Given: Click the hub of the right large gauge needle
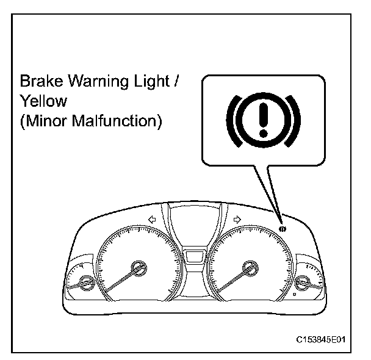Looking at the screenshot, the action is [x=248, y=266].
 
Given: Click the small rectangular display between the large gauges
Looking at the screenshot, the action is [x=193, y=254].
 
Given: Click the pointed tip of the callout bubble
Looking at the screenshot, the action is [x=279, y=221].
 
